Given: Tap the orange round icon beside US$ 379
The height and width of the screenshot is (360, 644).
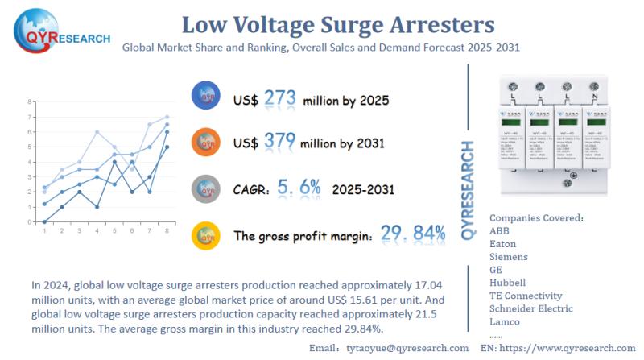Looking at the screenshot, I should [206, 142].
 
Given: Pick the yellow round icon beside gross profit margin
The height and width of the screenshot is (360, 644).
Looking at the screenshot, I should [206, 234].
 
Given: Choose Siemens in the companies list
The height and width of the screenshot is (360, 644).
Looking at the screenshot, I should [509, 257].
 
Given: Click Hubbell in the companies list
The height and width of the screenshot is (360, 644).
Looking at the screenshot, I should [507, 283].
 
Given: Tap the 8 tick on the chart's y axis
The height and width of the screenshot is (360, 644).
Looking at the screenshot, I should [30, 101].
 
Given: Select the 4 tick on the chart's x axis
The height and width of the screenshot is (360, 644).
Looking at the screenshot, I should [97, 231].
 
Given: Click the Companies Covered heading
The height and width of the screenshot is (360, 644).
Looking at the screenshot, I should [536, 217].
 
